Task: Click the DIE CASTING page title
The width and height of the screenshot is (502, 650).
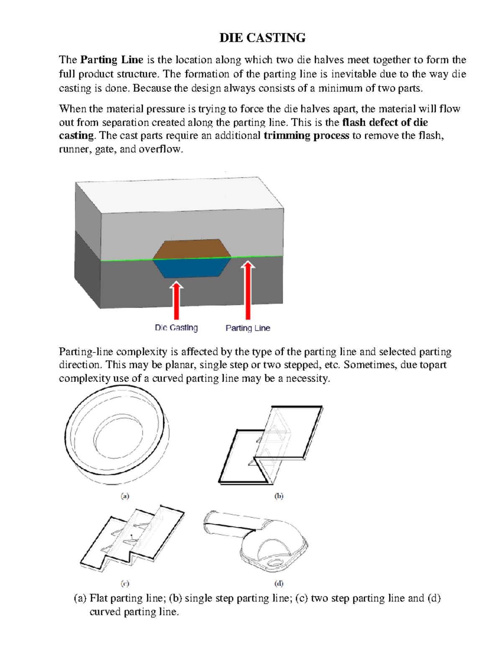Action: click(x=262, y=38)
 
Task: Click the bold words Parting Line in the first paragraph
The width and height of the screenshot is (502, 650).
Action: click(x=112, y=60)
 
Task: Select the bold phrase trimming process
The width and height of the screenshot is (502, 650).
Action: click(x=306, y=136)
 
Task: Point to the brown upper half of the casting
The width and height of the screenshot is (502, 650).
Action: click(x=192, y=249)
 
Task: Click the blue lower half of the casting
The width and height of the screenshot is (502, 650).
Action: click(x=192, y=268)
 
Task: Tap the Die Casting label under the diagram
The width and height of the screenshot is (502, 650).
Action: click(x=176, y=328)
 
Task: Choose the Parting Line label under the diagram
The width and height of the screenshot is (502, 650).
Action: click(x=248, y=328)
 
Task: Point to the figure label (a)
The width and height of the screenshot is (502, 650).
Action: click(x=125, y=496)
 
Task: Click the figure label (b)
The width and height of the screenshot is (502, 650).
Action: click(x=279, y=496)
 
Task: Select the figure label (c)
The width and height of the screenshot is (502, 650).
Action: click(x=125, y=583)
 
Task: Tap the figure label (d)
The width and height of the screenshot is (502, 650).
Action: click(x=279, y=583)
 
